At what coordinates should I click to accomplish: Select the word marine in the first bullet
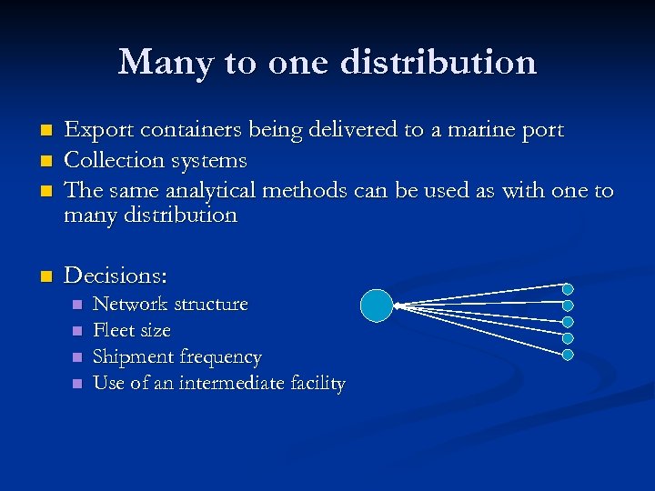pyautogui.click(x=481, y=131)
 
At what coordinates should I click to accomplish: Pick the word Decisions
pyautogui.click(x=116, y=275)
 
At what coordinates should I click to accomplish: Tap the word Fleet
pyautogui.click(x=114, y=330)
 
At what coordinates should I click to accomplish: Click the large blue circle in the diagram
pyautogui.click(x=377, y=306)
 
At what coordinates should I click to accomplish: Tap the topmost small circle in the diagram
pyautogui.click(x=568, y=289)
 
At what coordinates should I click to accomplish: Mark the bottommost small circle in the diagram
pyautogui.click(x=568, y=353)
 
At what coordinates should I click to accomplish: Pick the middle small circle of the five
pyautogui.click(x=568, y=321)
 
